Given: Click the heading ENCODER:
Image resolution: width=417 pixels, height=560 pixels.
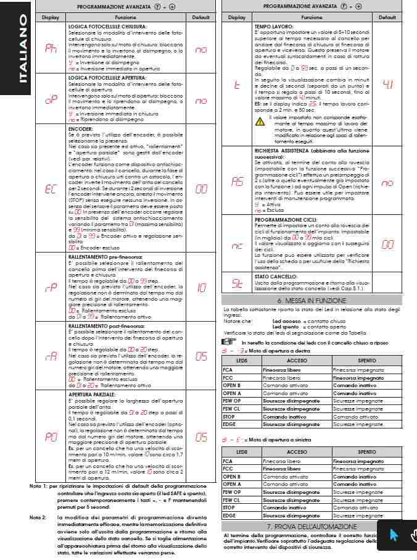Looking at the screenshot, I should click(x=80, y=130).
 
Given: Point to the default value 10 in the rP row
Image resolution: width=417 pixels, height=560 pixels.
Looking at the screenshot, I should click(x=201, y=288).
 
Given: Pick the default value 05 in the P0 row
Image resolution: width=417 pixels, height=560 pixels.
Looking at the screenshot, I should click(x=201, y=437).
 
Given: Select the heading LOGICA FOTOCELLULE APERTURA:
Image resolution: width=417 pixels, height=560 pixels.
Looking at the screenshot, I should click(x=108, y=78).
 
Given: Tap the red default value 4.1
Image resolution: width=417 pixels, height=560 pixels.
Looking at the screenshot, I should click(x=387, y=84).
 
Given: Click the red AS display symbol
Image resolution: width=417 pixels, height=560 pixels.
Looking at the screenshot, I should click(x=237, y=183).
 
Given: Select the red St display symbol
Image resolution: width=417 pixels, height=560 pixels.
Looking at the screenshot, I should click(x=237, y=284).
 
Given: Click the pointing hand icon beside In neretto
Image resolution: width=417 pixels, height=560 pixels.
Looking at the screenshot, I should click(x=228, y=341).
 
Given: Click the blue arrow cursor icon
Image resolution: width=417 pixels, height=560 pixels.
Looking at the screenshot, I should click(x=394, y=535).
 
